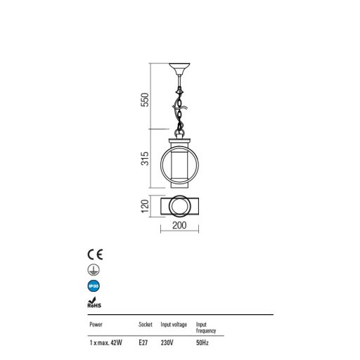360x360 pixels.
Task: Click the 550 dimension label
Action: [x=145, y=100]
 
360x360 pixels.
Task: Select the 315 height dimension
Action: [x=145, y=159]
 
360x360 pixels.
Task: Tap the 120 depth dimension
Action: [x=145, y=206]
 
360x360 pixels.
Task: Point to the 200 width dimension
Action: [x=179, y=225]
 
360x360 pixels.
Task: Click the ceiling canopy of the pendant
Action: [x=179, y=68]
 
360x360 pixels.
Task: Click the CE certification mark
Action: [x=95, y=255]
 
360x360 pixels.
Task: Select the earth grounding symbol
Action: [x=94, y=270]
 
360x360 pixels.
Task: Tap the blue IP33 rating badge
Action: [x=94, y=286]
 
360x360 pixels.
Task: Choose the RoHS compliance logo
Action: [x=94, y=302]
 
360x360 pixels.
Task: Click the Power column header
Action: [x=96, y=325]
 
